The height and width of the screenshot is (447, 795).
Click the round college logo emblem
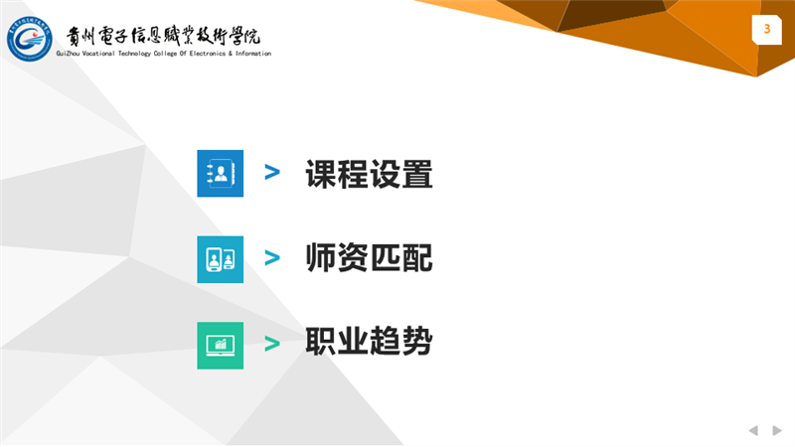[x=30, y=39]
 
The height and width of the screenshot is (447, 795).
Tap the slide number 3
[x=766, y=29]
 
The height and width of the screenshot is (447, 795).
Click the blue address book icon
[x=220, y=173]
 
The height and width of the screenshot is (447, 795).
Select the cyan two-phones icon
[x=220, y=259]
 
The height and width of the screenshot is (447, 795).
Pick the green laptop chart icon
[x=220, y=346]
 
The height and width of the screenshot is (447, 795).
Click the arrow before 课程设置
[x=272, y=172]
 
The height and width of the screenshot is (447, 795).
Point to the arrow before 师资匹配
[x=272, y=258]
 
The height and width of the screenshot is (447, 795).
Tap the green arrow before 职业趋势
[x=272, y=344]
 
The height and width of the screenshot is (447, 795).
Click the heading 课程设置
[x=369, y=174]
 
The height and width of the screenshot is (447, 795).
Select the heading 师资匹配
[x=369, y=257]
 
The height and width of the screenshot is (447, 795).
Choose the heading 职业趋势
[x=369, y=341]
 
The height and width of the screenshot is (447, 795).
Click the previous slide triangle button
[x=753, y=430]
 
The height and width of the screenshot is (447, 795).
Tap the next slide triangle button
[x=777, y=430]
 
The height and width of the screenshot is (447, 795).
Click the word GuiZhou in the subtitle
[x=68, y=54]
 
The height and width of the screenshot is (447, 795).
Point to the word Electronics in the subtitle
[x=208, y=54]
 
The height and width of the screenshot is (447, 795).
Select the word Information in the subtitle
[x=253, y=54]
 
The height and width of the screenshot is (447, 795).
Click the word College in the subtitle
[x=165, y=54]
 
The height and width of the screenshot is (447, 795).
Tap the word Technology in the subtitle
[x=134, y=54]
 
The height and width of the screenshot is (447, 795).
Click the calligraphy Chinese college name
[x=163, y=36]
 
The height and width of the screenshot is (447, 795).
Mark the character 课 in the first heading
[x=321, y=174]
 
